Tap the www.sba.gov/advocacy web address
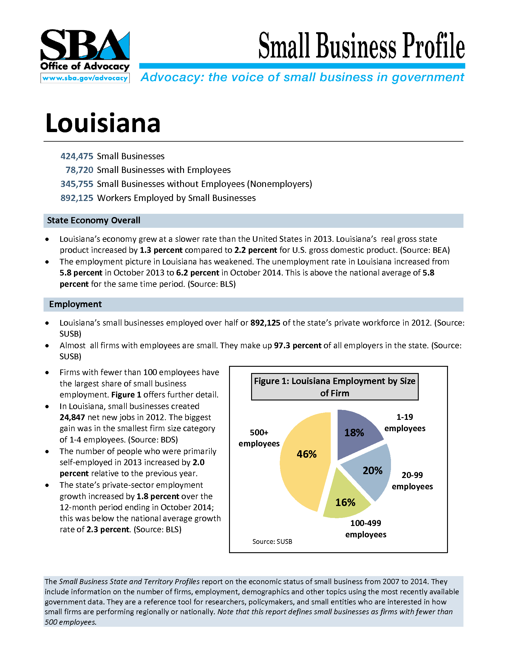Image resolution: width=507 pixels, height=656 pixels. click(x=85, y=78)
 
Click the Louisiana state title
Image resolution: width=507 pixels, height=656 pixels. click(x=103, y=123)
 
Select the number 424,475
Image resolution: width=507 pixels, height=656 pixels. click(x=77, y=156)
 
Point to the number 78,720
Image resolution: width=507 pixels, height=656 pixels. click(x=79, y=170)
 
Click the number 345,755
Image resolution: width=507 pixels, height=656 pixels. click(x=77, y=184)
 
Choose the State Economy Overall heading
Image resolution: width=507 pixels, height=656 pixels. click(x=94, y=220)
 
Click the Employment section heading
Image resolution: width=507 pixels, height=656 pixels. click(x=75, y=304)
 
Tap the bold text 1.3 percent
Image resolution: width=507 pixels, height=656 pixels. click(x=161, y=250)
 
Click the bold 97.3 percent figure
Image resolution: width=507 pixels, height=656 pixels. click(x=298, y=345)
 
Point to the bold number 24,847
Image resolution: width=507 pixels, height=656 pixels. click(x=72, y=417)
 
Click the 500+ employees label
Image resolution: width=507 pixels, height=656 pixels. click(x=259, y=438)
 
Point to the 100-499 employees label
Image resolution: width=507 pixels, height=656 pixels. click(x=366, y=529)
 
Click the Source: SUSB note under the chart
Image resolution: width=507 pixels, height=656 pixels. click(x=272, y=541)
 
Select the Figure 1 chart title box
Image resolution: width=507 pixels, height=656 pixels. click(x=335, y=387)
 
